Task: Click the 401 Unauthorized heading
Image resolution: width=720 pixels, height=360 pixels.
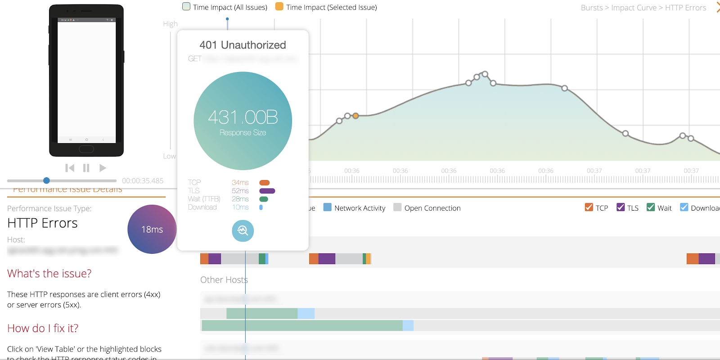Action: click(x=243, y=45)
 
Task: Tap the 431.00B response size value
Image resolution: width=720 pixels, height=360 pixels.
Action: click(x=243, y=117)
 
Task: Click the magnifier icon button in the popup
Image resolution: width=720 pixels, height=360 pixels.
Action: click(x=243, y=230)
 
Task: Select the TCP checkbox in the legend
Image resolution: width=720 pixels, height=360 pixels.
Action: click(x=589, y=207)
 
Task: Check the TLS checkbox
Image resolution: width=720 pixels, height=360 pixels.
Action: click(x=621, y=207)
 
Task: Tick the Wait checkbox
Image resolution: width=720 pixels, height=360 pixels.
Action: click(x=650, y=207)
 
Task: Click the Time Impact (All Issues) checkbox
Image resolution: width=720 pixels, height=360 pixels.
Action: click(x=186, y=7)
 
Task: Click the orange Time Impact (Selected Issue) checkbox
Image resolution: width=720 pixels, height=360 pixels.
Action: click(x=279, y=7)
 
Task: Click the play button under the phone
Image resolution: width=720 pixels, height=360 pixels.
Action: click(x=103, y=168)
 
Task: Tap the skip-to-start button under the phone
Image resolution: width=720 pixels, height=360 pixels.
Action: click(x=70, y=168)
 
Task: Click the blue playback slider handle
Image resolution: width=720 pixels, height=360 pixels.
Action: click(x=46, y=180)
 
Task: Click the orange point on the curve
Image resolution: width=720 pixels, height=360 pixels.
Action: click(x=355, y=116)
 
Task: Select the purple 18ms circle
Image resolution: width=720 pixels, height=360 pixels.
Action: click(x=152, y=229)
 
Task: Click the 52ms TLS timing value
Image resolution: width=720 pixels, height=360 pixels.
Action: click(x=240, y=191)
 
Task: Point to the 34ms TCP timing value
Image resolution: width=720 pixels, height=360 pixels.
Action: click(x=240, y=182)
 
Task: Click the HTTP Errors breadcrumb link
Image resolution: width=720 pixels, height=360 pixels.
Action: click(x=685, y=8)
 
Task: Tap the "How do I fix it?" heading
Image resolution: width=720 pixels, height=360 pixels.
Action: click(x=43, y=328)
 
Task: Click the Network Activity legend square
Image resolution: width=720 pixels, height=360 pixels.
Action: click(x=328, y=207)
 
